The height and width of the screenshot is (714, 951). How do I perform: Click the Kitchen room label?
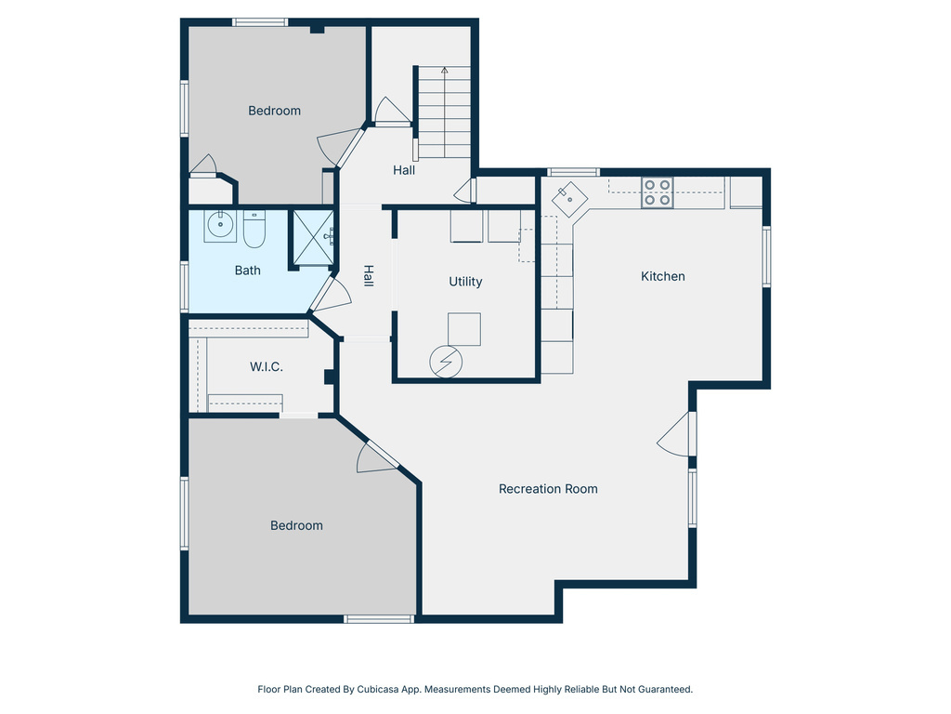click(663, 276)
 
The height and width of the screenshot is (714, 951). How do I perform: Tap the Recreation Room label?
click(548, 489)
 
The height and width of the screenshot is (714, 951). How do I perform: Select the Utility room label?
click(465, 282)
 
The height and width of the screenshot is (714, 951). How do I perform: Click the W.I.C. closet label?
click(267, 367)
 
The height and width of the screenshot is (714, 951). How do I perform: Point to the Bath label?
click(248, 271)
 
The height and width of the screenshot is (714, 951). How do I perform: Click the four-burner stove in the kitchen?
click(658, 192)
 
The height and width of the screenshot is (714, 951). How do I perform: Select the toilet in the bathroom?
click(254, 231)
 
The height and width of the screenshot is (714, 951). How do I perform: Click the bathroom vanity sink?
click(220, 226)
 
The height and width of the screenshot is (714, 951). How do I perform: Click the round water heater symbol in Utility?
click(445, 361)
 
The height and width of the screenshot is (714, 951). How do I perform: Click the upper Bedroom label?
click(274, 111)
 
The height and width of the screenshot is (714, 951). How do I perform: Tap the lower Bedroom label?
click(296, 525)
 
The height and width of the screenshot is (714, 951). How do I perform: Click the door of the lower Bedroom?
click(376, 456)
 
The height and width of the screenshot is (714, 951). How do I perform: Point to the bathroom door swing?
click(329, 293)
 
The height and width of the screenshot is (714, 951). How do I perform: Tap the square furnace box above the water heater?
click(464, 329)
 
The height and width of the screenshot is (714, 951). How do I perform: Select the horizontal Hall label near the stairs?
click(404, 170)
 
